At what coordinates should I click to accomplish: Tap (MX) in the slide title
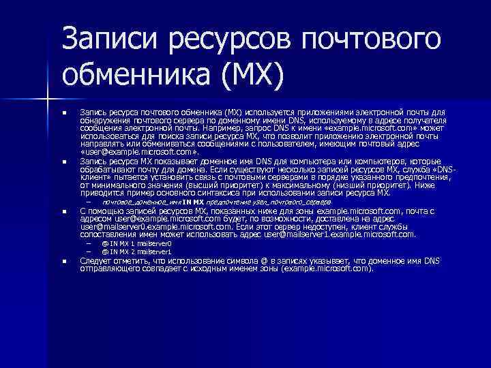(x=249, y=77)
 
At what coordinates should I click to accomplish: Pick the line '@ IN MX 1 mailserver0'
(x=136, y=243)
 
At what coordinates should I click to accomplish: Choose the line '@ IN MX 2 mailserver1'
(x=136, y=251)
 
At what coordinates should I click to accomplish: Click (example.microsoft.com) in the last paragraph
(x=329, y=268)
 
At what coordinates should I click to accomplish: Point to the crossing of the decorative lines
(x=48, y=100)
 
